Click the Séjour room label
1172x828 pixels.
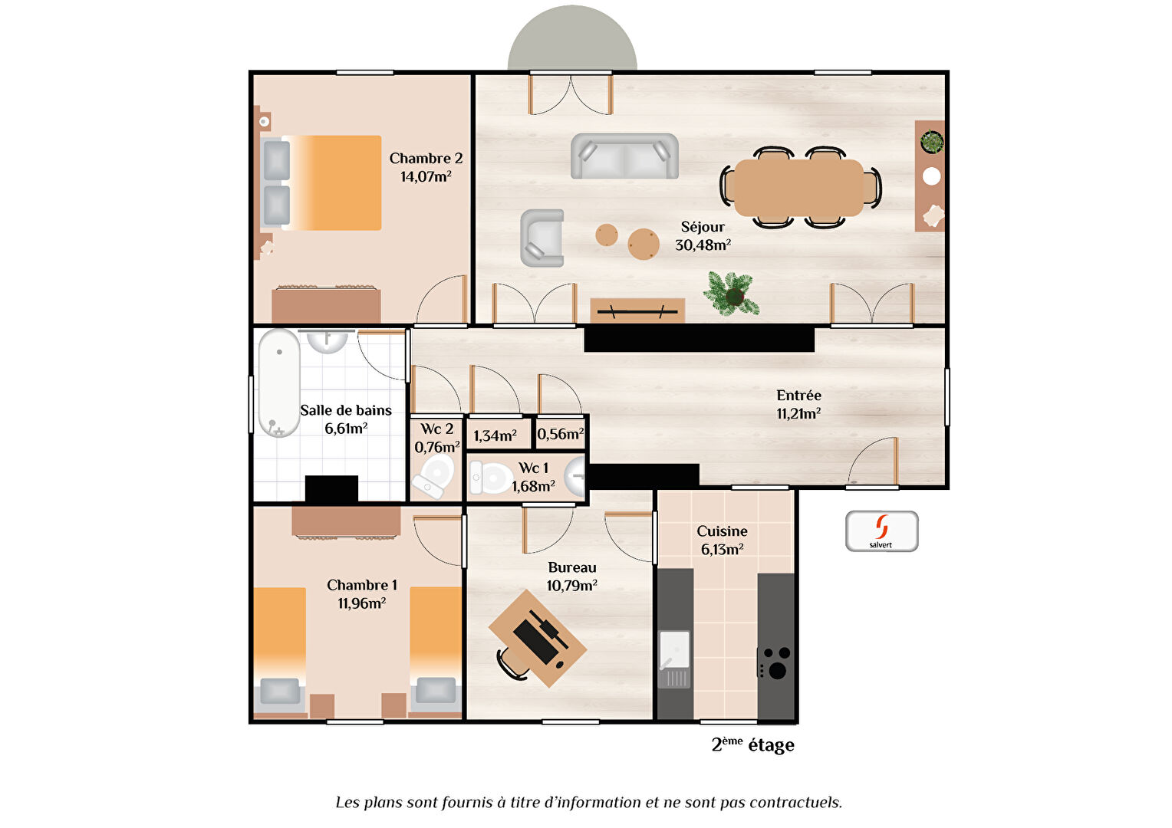[702, 227]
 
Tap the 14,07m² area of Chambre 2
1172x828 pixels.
[426, 177]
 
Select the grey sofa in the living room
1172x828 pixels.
[624, 156]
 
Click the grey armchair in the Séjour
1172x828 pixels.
[542, 238]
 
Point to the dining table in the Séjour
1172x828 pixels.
[799, 188]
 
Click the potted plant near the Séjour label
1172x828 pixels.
[732, 294]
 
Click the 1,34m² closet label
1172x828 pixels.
[495, 436]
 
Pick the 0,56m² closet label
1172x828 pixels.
[561, 435]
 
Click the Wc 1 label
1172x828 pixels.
[533, 468]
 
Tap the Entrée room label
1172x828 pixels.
[798, 396]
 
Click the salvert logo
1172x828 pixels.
[881, 531]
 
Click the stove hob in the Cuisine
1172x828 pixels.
[775, 663]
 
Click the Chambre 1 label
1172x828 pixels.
[362, 586]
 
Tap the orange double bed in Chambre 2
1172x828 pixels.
[331, 183]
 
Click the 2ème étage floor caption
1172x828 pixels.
[752, 745]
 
